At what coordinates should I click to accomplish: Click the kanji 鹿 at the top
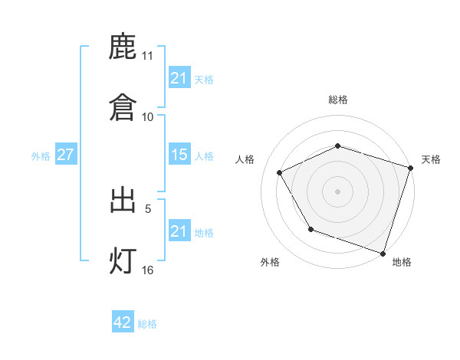[x=123, y=48]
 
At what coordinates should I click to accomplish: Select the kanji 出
[x=123, y=201]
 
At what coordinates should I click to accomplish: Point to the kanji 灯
[x=123, y=261]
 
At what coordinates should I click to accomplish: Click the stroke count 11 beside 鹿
[x=147, y=56]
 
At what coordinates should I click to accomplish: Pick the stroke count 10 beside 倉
[x=147, y=116]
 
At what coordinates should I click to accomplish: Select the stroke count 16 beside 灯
[x=147, y=270]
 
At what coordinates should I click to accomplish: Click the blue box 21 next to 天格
[x=179, y=77]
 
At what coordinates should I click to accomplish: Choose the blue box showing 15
[x=179, y=155]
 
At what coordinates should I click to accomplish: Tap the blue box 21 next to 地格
[x=179, y=231]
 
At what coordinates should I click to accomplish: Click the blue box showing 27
[x=65, y=155]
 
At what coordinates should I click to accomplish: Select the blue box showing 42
[x=123, y=322]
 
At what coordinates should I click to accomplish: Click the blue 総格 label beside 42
[x=147, y=324]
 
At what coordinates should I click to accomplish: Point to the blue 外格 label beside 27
[x=41, y=156]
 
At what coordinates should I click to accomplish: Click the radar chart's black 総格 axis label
[x=338, y=100]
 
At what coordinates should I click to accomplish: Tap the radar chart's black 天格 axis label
[x=431, y=159]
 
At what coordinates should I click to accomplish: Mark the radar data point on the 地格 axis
[x=383, y=253]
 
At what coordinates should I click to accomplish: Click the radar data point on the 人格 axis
[x=280, y=173]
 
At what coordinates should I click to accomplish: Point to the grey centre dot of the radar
[x=338, y=191]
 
